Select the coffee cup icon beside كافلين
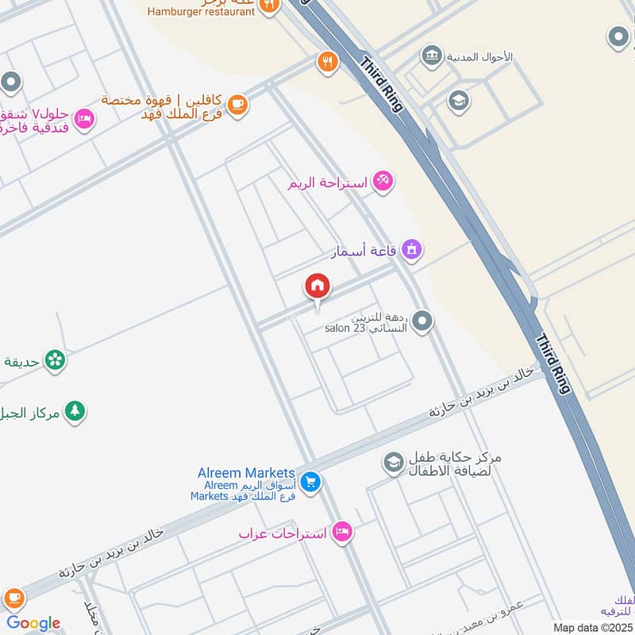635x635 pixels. coord(237,104)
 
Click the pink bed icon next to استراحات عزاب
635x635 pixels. coord(342,532)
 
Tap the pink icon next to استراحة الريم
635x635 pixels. coord(383,182)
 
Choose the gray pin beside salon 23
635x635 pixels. coord(423,321)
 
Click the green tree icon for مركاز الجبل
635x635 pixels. coord(75,411)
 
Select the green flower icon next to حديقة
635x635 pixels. coord(55,361)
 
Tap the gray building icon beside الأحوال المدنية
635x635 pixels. coord(432,56)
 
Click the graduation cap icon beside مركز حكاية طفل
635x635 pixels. coord(393,463)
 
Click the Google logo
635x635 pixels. coord(33,623)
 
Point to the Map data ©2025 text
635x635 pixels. coord(592,627)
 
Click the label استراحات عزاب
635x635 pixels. coord(283,533)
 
